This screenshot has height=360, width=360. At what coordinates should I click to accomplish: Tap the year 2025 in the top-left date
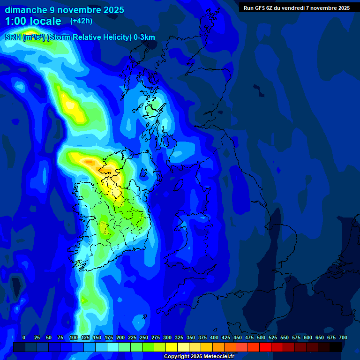[111, 10]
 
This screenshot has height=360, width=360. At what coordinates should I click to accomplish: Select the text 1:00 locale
[33, 21]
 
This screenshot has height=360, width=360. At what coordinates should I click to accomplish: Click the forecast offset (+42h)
[81, 21]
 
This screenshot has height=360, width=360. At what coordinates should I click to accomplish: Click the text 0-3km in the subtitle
[144, 37]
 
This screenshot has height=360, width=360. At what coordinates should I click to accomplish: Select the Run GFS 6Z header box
[297, 7]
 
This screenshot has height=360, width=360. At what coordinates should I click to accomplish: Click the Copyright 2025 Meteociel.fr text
[199, 357]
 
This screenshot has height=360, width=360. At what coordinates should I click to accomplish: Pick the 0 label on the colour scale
[24, 337]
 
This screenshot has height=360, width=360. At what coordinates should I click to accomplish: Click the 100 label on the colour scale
[74, 337]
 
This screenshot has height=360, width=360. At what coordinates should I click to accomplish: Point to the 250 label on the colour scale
[144, 337]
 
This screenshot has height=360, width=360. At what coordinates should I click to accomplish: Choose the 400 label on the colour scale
[214, 337]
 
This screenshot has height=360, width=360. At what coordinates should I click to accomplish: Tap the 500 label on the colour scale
[261, 337]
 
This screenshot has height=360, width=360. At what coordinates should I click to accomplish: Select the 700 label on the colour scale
[343, 337]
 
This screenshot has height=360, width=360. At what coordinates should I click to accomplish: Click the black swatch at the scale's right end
[336, 347]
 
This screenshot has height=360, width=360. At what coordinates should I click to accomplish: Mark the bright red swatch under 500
[265, 347]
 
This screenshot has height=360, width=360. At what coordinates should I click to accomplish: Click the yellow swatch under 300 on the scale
[172, 347]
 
